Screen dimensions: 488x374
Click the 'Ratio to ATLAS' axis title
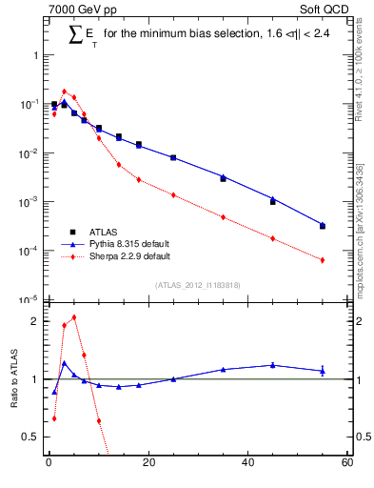click(x=13, y=379)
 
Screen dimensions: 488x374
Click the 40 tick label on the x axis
click(x=247, y=464)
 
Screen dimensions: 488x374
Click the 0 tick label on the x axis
click(x=49, y=464)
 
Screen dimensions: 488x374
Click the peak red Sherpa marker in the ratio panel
click(x=74, y=317)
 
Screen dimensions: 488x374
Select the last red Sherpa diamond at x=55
click(x=323, y=260)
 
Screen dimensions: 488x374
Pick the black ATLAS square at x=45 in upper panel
click(x=273, y=202)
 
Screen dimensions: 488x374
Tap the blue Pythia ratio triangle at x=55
click(x=323, y=371)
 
